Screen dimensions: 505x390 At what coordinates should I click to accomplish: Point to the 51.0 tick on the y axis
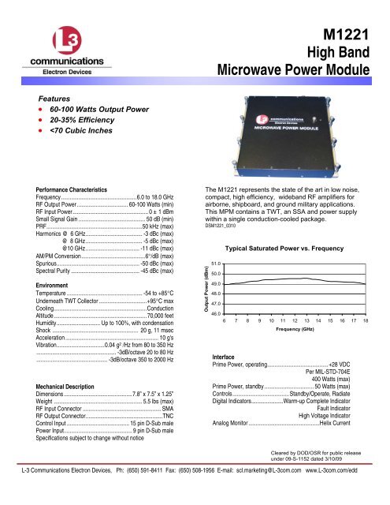click(216, 263)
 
